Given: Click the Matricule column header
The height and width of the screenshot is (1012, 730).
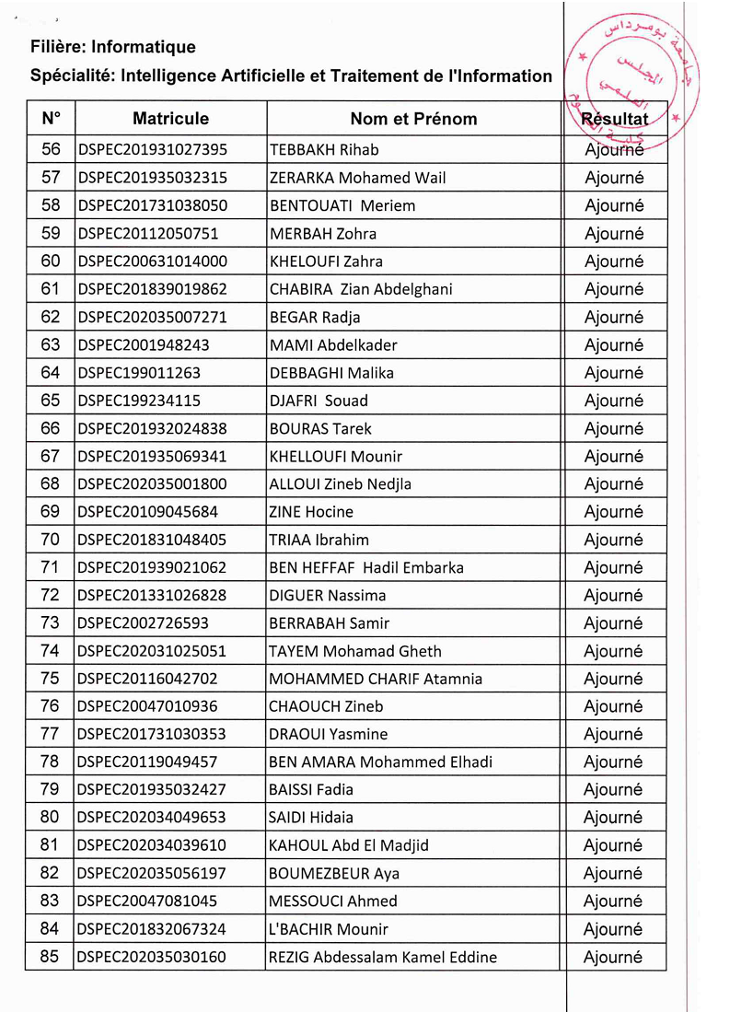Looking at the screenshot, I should click(170, 119).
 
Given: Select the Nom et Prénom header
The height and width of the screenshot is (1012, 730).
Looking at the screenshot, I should click(413, 119).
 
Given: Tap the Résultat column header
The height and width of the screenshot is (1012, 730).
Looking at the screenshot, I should click(614, 119).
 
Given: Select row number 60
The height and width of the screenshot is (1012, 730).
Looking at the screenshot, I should click(51, 262).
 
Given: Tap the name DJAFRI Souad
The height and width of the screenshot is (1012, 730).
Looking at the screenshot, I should click(319, 401).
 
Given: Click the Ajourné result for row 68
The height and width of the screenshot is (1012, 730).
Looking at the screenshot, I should click(614, 484).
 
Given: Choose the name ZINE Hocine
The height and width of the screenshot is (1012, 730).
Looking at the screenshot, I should click(311, 512).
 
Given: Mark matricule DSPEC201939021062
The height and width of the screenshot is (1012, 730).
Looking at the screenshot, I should click(153, 567).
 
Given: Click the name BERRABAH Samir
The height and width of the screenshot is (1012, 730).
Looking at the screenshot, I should click(329, 623).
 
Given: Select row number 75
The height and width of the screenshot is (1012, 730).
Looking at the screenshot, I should click(51, 679).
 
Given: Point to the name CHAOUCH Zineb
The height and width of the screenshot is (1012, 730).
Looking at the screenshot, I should click(326, 706).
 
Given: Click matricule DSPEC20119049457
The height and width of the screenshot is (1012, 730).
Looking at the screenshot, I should click(148, 762).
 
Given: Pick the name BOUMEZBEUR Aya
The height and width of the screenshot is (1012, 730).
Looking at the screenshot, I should click(334, 873).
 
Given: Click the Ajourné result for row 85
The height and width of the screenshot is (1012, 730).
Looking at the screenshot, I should click(614, 957).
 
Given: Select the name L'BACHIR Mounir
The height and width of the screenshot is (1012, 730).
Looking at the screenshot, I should click(329, 929).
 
